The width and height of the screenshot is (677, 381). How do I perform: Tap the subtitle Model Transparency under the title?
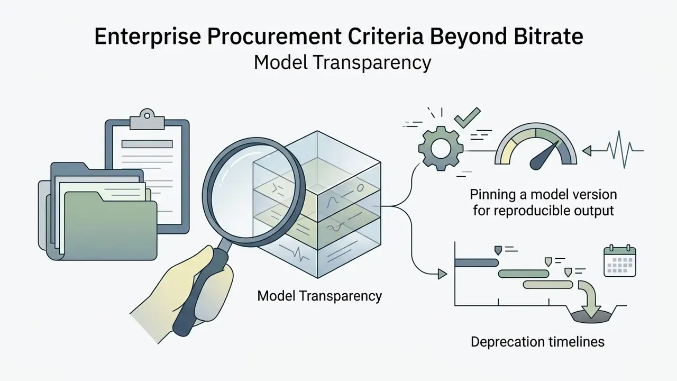click(x=342, y=63)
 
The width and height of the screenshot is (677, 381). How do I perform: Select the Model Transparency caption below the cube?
click(x=319, y=296)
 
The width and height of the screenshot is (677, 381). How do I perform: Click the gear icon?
click(x=441, y=149)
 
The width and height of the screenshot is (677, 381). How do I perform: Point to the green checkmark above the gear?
click(x=467, y=117)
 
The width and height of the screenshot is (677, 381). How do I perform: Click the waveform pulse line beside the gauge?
click(x=625, y=150)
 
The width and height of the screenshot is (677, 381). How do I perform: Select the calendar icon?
click(x=620, y=260)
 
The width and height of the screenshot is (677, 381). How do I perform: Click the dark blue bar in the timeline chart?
click(x=477, y=263)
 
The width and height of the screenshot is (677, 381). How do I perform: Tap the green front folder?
click(x=111, y=225)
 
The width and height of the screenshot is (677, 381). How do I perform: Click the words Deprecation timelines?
click(x=538, y=342)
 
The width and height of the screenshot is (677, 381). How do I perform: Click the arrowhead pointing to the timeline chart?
click(x=442, y=274)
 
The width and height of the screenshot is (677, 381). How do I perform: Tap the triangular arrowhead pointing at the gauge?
click(x=587, y=150)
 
